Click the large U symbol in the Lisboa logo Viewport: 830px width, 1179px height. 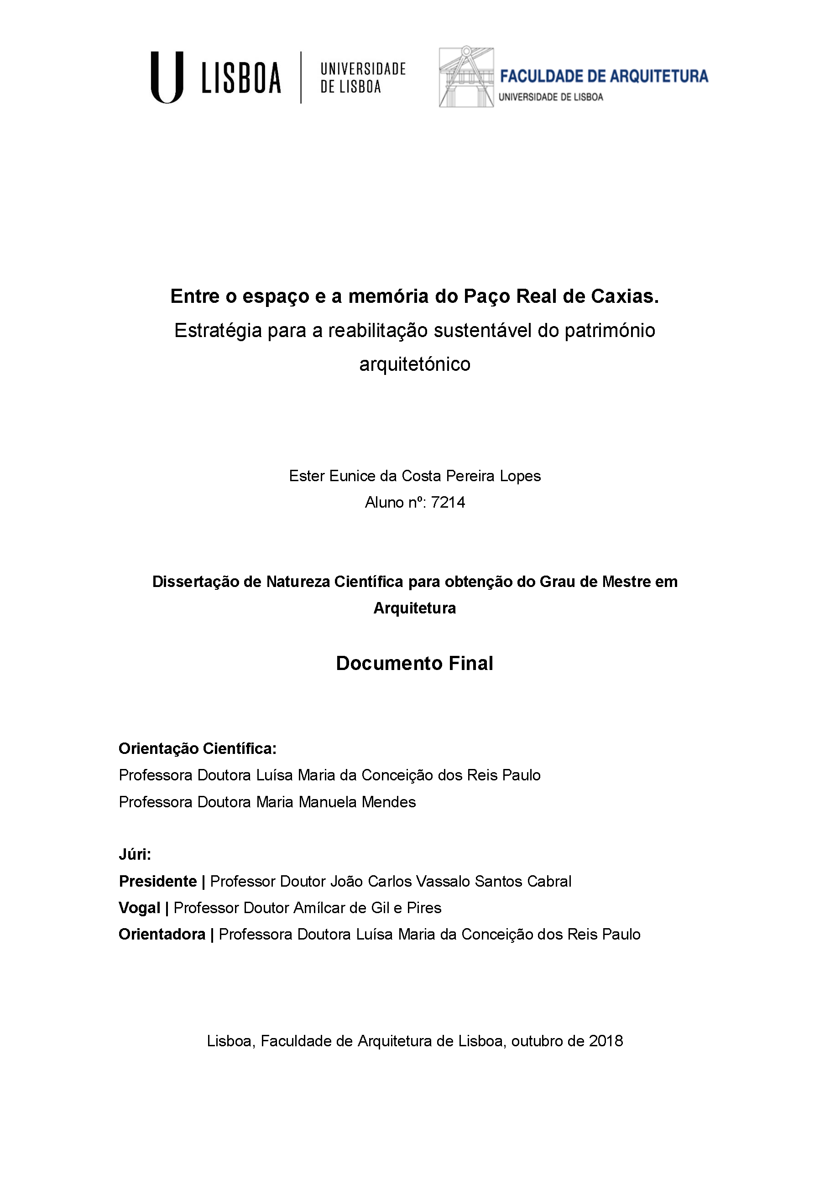tap(167, 77)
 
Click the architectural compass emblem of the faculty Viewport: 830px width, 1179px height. tap(466, 77)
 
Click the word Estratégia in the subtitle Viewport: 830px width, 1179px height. tap(218, 330)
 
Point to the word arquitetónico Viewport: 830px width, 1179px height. tap(414, 364)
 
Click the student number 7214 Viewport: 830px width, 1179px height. tap(448, 502)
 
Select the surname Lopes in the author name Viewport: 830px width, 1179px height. tap(522, 476)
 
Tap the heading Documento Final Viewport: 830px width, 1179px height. tap(414, 664)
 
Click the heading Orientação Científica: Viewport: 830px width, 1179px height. tap(197, 749)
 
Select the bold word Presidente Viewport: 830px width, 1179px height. tap(158, 881)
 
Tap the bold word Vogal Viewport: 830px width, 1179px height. tap(139, 908)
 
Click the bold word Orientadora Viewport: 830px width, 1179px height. tap(162, 934)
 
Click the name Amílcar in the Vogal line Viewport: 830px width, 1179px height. tap(319, 908)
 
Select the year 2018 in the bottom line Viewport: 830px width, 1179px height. tap(606, 1041)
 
